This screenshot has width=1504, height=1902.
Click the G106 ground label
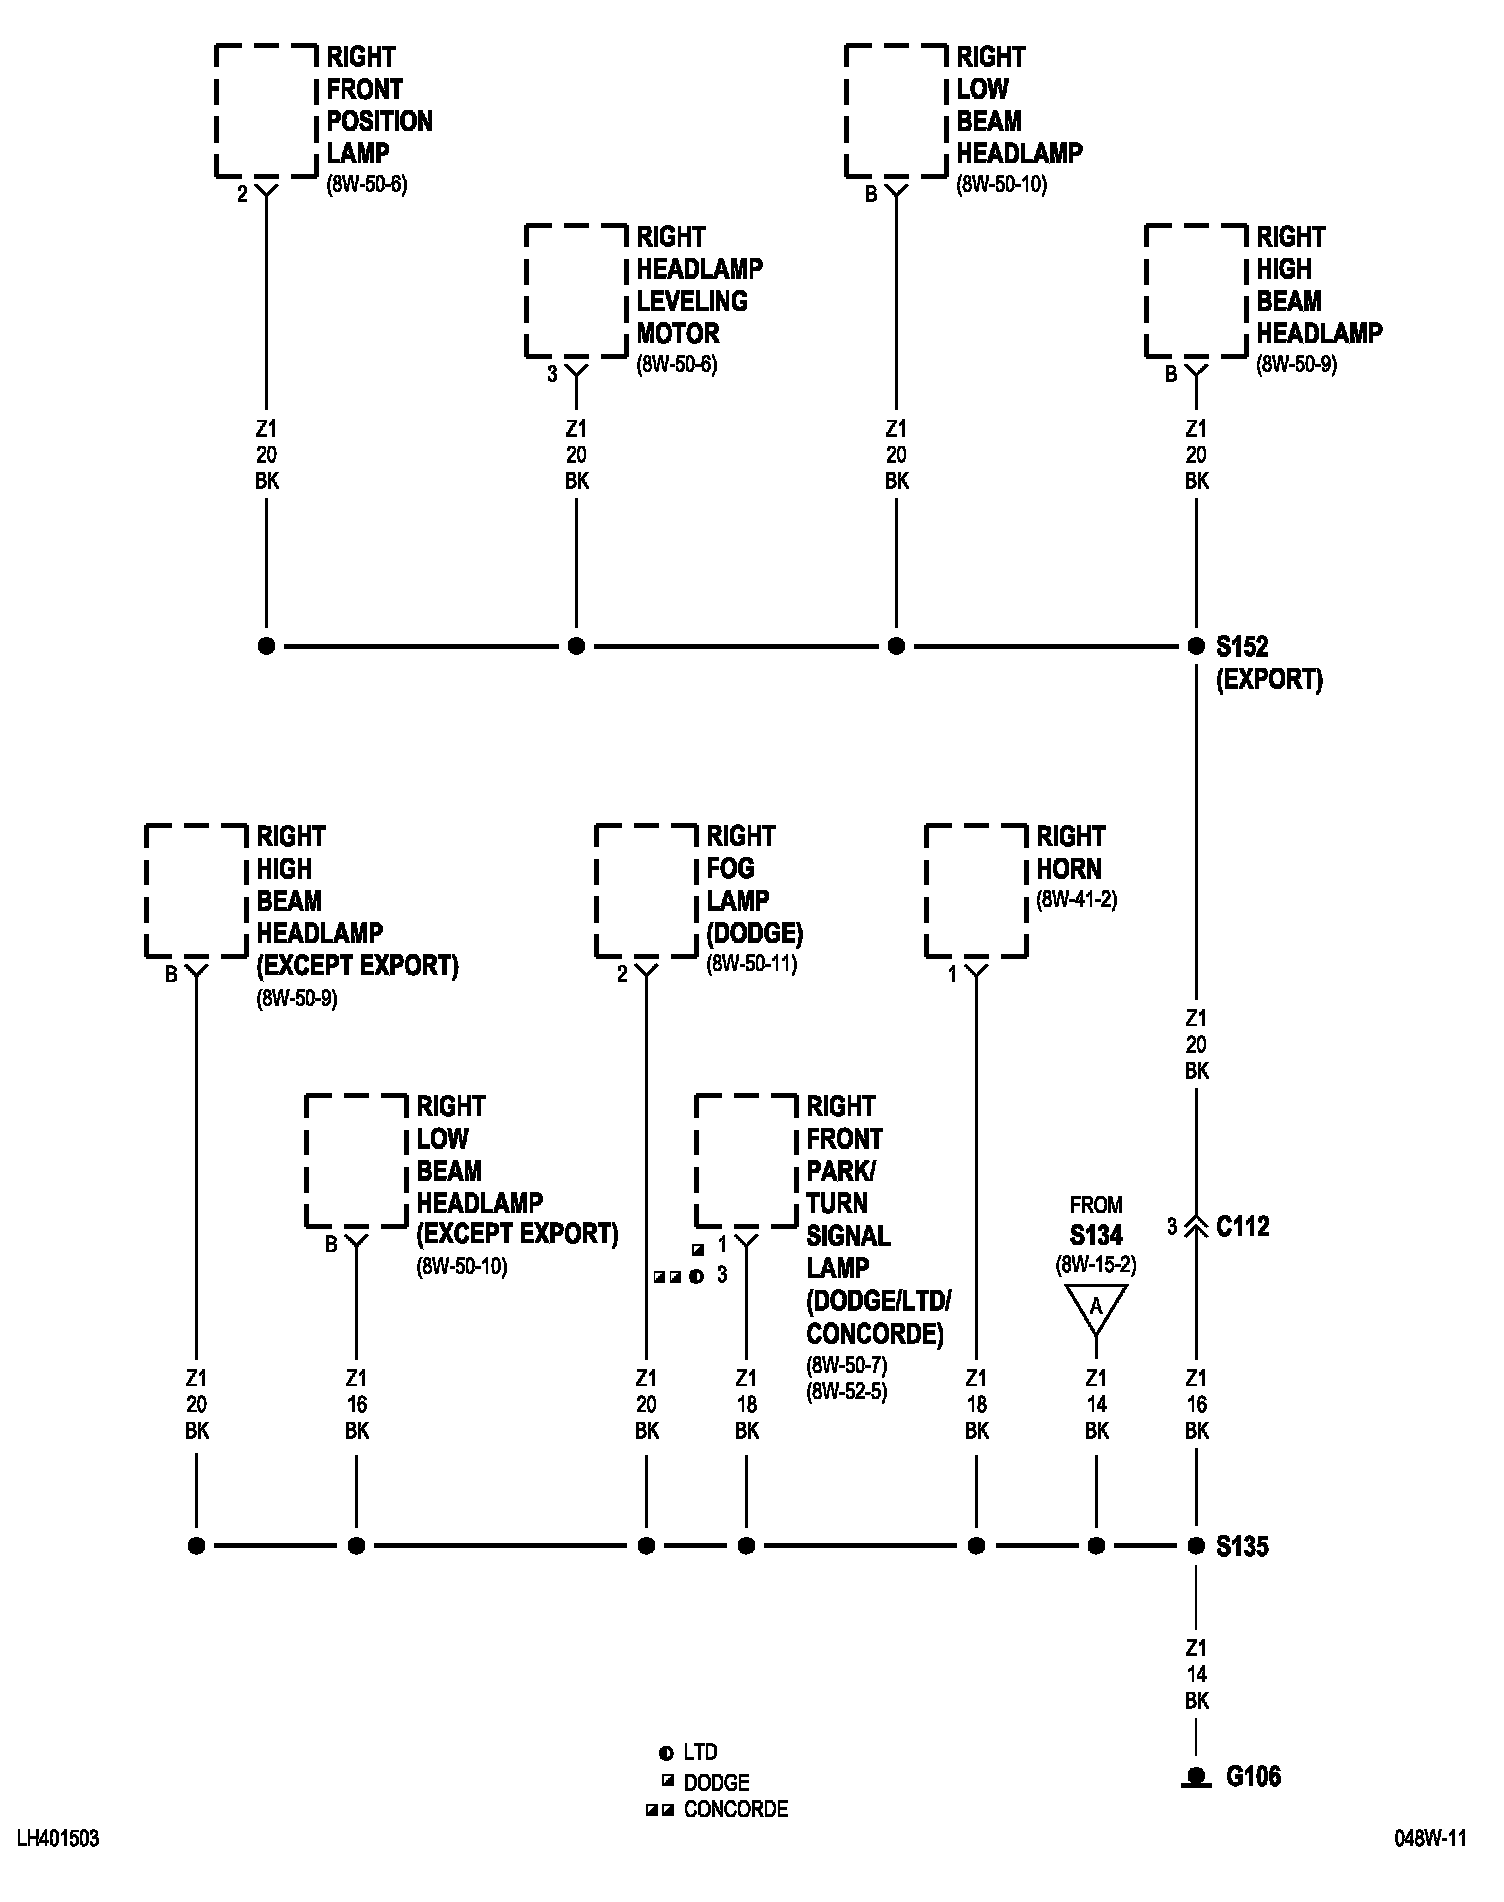click(1253, 1776)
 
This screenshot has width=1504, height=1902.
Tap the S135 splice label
click(1242, 1546)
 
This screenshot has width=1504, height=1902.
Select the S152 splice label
click(1242, 646)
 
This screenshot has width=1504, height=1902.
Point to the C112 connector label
click(1243, 1226)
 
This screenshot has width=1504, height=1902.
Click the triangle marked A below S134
click(1096, 1307)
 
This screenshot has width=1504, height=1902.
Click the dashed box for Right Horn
click(976, 891)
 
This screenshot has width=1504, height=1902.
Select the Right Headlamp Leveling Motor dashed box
click(576, 291)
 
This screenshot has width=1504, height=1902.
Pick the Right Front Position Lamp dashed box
click(266, 111)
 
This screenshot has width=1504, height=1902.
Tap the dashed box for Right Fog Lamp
click(646, 891)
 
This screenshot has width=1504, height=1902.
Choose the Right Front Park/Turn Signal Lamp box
click(746, 1161)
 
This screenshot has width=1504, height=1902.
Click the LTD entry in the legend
click(700, 1752)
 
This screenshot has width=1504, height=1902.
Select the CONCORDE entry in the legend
click(735, 1809)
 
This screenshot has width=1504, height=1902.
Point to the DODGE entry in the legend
click(716, 1782)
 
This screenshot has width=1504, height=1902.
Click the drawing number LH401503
click(58, 1839)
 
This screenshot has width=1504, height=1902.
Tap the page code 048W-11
click(1431, 1839)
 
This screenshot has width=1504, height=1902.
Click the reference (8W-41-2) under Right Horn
click(1076, 899)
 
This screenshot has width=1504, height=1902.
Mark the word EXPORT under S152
click(1269, 680)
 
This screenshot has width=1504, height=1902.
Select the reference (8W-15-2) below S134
click(1096, 1265)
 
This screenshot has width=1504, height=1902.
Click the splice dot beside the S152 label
click(1196, 646)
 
